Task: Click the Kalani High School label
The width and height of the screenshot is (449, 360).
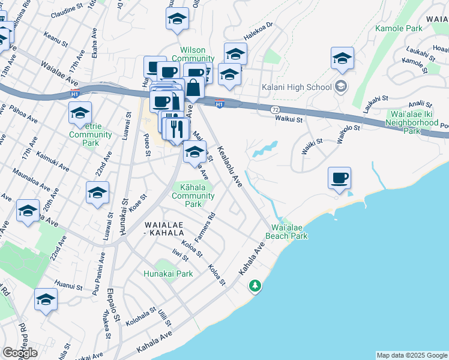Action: [297, 87]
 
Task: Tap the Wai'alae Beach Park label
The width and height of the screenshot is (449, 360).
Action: [289, 232]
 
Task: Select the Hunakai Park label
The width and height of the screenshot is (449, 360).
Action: [168, 274]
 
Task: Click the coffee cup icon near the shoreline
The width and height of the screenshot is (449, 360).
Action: [340, 178]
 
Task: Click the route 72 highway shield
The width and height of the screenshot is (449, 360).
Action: [275, 110]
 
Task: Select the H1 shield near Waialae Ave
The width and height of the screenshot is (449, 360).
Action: [74, 94]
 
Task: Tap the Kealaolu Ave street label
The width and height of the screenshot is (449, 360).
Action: [230, 166]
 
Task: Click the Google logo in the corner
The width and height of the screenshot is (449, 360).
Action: [20, 353]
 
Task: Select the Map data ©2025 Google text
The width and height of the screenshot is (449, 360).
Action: [411, 355]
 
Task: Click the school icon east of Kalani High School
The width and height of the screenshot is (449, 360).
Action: [342, 58]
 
